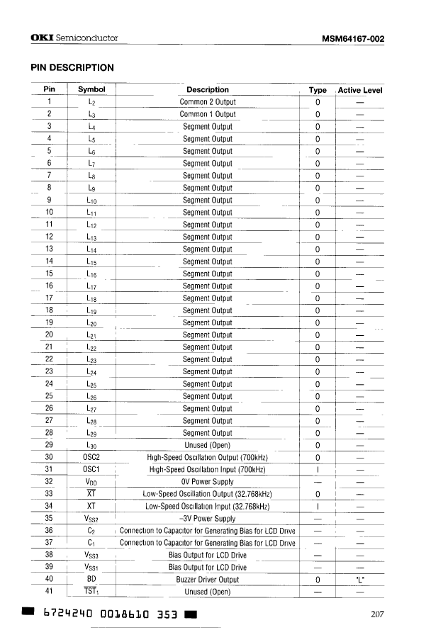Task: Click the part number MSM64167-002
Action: [352, 39]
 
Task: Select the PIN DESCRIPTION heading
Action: [72, 67]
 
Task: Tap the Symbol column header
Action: [91, 90]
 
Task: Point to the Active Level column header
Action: [360, 91]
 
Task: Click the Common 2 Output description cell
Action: [208, 102]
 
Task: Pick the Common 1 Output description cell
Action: [208, 114]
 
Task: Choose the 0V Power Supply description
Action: [208, 482]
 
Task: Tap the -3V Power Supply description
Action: [208, 519]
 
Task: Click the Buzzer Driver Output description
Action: [208, 580]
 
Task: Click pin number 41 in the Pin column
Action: [49, 592]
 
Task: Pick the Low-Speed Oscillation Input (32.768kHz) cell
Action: [208, 506]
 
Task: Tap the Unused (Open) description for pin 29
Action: [208, 445]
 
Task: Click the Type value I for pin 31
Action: [318, 469]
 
